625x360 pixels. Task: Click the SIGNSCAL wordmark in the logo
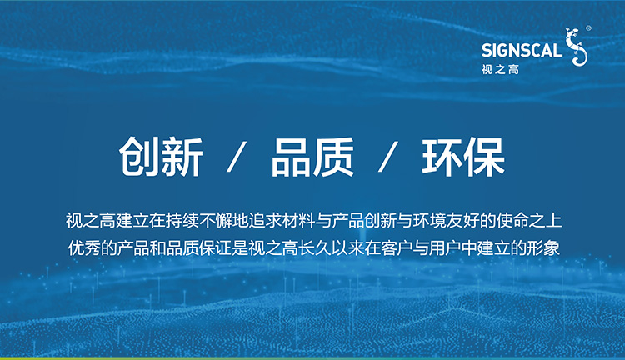click(x=522, y=50)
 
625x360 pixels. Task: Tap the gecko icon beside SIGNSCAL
click(x=577, y=47)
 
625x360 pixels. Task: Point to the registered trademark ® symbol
click(x=588, y=28)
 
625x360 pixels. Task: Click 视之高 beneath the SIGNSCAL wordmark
click(x=500, y=70)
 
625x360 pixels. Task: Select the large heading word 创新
click(x=161, y=157)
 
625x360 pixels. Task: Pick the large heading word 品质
click(x=312, y=157)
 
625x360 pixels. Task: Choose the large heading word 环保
click(x=463, y=157)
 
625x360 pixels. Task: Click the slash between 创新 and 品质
click(x=237, y=157)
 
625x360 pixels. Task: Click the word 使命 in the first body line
click(x=513, y=221)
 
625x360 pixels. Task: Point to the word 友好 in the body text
click(x=463, y=221)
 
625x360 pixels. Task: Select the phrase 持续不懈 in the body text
click(x=199, y=221)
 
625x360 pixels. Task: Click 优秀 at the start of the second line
click(x=83, y=248)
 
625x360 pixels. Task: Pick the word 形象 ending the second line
click(x=544, y=248)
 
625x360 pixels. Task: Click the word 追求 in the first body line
click(x=265, y=221)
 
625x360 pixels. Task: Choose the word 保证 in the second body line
click(x=216, y=248)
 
